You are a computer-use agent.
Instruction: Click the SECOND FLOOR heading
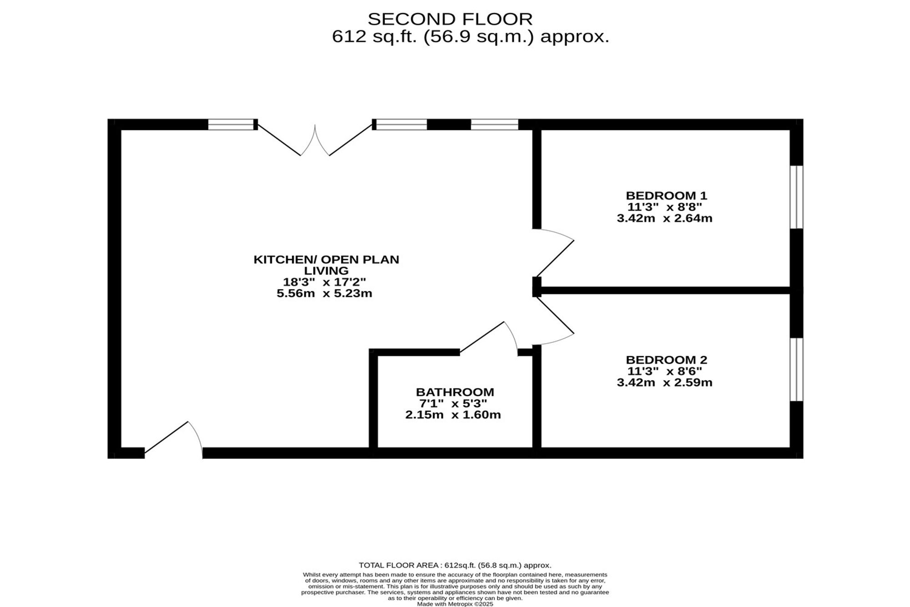point(450,19)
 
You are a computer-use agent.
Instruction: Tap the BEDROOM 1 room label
point(666,196)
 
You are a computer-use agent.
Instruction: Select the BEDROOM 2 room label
point(666,360)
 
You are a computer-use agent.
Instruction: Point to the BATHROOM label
point(455,392)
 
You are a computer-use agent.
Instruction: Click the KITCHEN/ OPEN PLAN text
point(326,260)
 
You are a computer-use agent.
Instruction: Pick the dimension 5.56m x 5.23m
point(324,294)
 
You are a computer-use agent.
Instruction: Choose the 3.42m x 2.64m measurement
point(664,219)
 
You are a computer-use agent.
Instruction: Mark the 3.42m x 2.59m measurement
point(664,383)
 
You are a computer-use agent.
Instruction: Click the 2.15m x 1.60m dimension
point(453,415)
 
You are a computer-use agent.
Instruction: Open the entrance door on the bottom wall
point(171,437)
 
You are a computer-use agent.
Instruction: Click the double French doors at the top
point(315,141)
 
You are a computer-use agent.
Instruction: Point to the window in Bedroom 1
point(796,197)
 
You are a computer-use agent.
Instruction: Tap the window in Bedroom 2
point(796,369)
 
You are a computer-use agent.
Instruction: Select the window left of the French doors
point(231,124)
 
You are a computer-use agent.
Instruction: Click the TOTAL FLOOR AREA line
point(455,566)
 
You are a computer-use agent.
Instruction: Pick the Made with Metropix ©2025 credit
point(455,604)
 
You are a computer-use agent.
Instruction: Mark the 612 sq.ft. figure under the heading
point(374,36)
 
